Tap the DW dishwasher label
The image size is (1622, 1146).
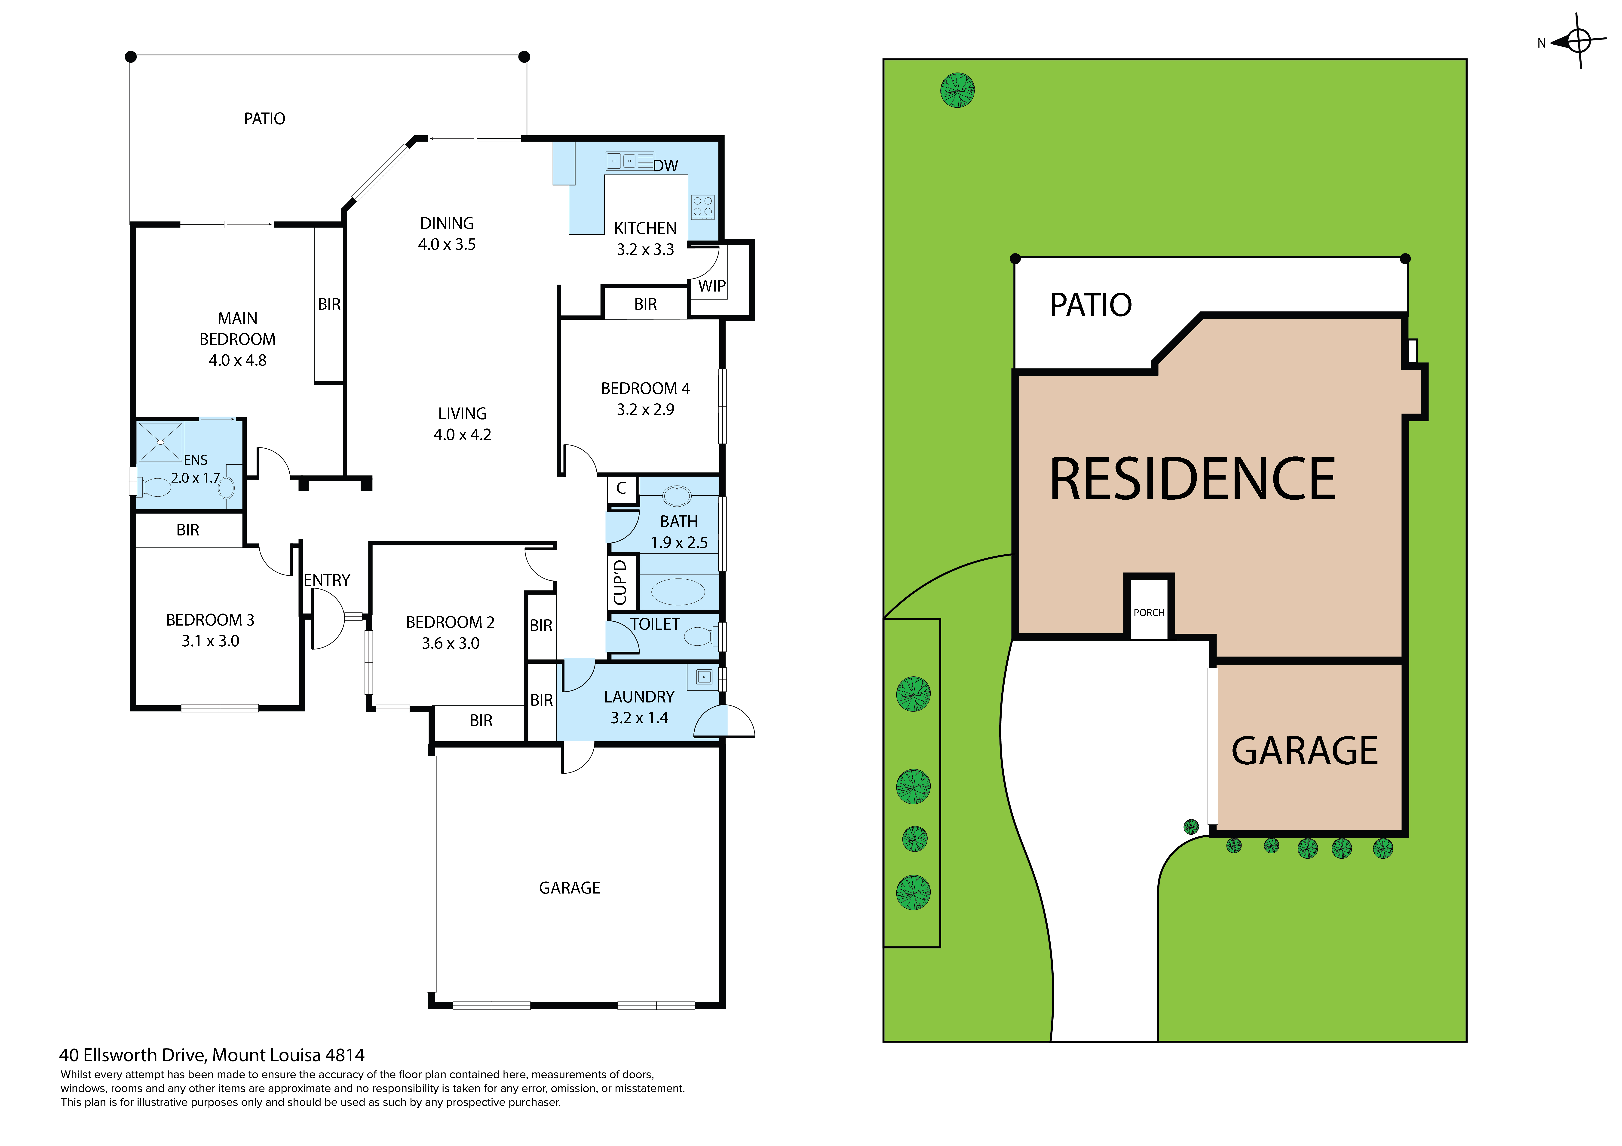point(665,166)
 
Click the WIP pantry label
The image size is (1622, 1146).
point(711,286)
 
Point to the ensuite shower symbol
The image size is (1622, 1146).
point(160,442)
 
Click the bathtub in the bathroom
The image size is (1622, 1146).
point(678,592)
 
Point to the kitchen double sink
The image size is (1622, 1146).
point(622,161)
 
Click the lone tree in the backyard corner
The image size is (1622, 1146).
point(958,90)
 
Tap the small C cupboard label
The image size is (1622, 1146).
point(622,488)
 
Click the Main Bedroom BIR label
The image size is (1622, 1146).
point(329,304)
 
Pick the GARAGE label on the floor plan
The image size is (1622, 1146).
point(569,888)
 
